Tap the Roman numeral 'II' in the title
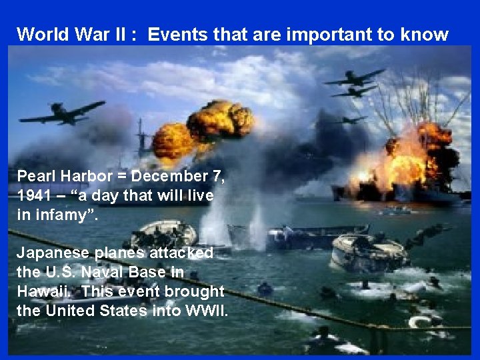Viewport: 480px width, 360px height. pyautogui.click(x=125, y=35)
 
